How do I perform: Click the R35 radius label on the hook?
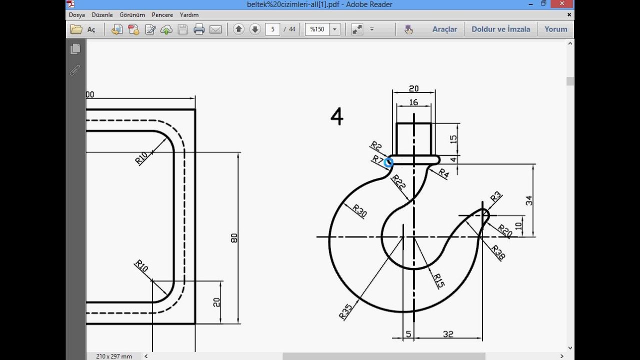(x=345, y=311)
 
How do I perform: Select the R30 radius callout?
(x=359, y=211)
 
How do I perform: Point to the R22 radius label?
(x=398, y=182)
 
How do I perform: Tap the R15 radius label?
(x=439, y=280)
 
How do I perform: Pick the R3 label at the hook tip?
(x=495, y=196)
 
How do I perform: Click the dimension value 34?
(x=529, y=200)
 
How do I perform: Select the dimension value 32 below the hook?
(x=448, y=334)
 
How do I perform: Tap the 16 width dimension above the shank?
(x=413, y=102)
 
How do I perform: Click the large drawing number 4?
(x=337, y=116)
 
